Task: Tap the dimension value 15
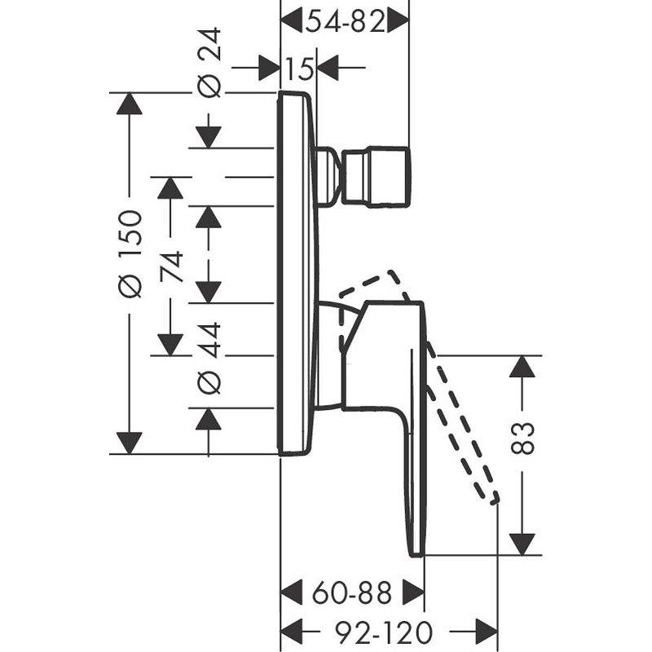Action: point(299,68)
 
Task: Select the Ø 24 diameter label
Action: point(210,63)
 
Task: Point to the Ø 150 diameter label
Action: point(130,253)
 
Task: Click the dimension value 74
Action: point(170,267)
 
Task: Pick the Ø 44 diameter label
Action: point(210,358)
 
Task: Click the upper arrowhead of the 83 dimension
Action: point(522,366)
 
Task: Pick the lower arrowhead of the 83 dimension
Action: point(522,544)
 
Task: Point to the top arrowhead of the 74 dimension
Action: point(170,187)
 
